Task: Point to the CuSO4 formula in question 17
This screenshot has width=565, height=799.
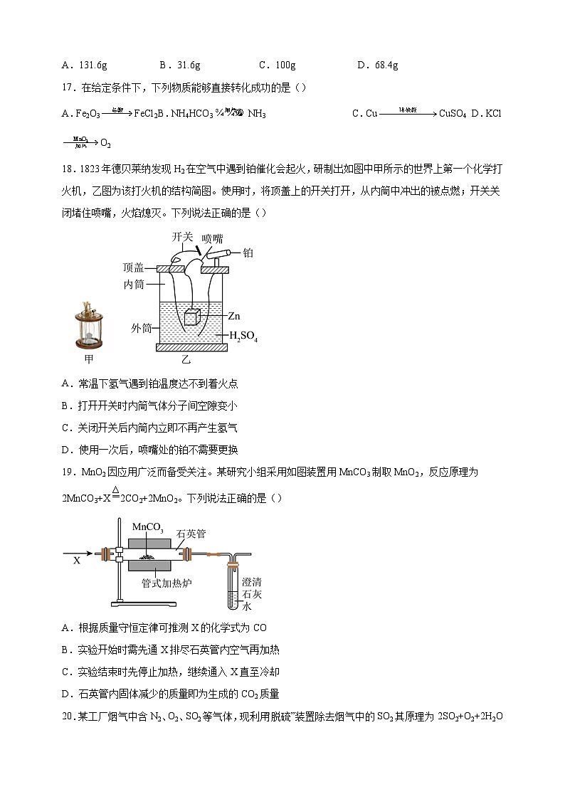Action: click(452, 113)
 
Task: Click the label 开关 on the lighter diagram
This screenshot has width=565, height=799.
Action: click(182, 236)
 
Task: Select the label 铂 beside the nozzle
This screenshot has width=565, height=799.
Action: click(248, 253)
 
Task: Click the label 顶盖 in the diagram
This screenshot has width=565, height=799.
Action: click(133, 268)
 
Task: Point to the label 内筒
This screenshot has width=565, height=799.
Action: click(133, 285)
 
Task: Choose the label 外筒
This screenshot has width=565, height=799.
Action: click(142, 329)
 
